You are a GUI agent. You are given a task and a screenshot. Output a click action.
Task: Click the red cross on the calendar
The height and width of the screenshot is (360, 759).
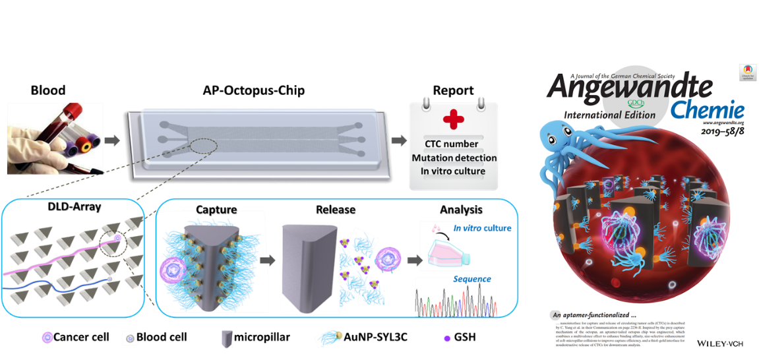[453, 121]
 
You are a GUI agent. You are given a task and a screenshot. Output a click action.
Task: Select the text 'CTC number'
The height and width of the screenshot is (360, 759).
[452, 144]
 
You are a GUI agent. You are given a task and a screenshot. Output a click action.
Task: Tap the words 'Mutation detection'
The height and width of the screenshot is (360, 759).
[454, 158]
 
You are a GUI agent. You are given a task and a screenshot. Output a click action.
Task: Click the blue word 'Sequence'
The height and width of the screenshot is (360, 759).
[471, 279]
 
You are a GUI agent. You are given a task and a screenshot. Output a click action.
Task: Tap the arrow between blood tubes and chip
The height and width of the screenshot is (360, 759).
[113, 140]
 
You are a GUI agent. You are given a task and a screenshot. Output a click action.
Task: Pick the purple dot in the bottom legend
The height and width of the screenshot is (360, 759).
[447, 339]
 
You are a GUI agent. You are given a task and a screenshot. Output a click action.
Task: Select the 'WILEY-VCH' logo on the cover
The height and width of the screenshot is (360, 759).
[720, 343]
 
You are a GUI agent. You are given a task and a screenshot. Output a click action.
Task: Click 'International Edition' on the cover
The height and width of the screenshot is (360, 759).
[609, 115]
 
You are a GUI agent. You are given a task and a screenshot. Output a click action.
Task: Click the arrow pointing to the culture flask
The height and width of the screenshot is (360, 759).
[415, 260]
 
